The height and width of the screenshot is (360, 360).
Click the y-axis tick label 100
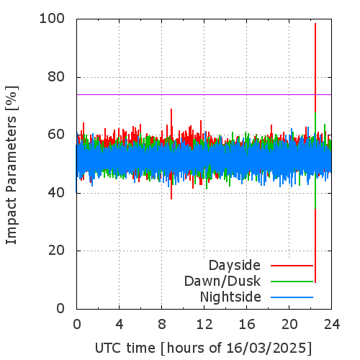click(52, 19)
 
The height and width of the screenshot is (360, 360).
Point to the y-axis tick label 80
click(56, 77)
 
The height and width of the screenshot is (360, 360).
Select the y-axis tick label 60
click(56, 135)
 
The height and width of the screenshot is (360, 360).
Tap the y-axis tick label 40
click(56, 192)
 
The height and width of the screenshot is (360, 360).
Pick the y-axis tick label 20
click(56, 251)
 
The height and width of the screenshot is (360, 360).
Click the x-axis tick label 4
click(120, 324)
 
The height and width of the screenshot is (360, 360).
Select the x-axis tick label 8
click(162, 324)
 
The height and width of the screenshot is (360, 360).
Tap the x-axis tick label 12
click(204, 324)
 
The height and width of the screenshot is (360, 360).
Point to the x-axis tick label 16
click(247, 324)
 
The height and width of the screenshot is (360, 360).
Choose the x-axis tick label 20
click(289, 324)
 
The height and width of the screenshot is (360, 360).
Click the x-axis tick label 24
click(332, 324)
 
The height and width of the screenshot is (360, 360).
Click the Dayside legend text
click(235, 266)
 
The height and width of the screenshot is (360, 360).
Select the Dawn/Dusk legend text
click(222, 281)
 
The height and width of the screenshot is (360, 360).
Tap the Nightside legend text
click(230, 297)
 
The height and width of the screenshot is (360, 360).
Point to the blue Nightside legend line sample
click(292, 297)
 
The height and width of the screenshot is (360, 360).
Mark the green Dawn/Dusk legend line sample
click(292, 282)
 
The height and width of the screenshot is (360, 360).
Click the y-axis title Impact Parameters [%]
click(12, 165)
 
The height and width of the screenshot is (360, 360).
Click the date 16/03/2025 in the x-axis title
click(266, 348)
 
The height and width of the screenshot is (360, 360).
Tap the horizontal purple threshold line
click(204, 94)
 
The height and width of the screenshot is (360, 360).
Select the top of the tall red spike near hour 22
click(315, 23)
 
